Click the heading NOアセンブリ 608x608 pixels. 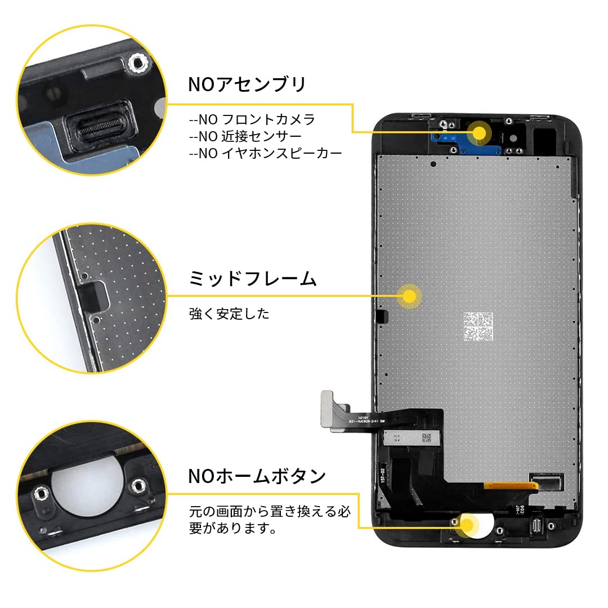point(247,84)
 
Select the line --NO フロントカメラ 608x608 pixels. point(252,120)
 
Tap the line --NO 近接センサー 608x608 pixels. point(245,136)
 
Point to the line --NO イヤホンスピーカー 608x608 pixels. point(265,153)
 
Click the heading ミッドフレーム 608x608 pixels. point(253,279)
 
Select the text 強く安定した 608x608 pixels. point(229,314)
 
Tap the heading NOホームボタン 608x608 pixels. point(257,476)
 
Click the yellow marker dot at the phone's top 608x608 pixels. point(479,133)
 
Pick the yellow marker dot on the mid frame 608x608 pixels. point(409,295)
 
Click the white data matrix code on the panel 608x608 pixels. point(478,328)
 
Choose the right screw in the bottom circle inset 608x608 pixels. point(137,485)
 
